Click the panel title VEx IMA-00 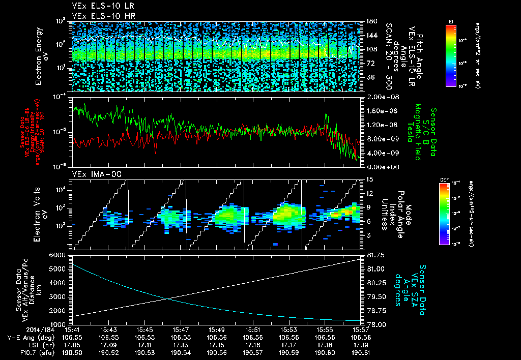91,173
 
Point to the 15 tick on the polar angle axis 369,179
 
